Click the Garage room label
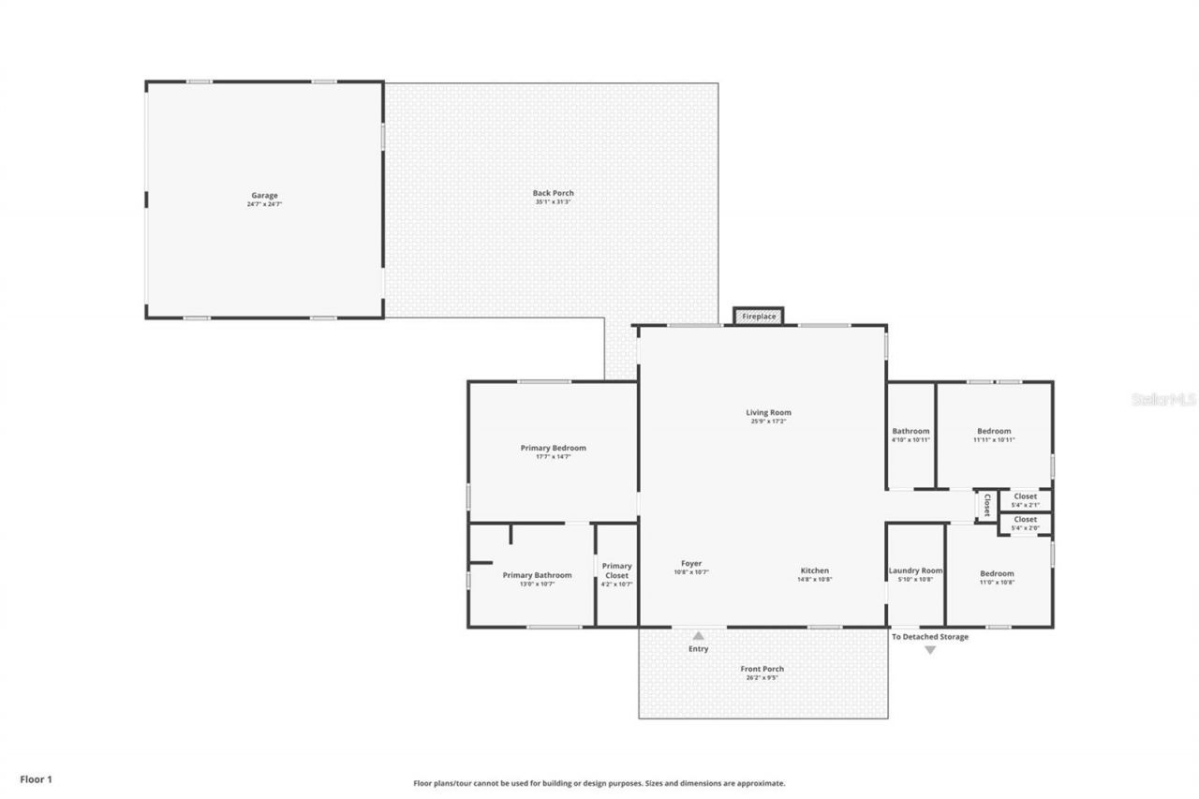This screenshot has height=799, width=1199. click(264, 197)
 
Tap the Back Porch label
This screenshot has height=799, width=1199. click(553, 194)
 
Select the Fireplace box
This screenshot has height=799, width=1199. click(759, 317)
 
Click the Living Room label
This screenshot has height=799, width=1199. click(768, 413)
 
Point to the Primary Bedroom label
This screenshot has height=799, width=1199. click(553, 449)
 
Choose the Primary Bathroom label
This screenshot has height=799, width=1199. click(537, 576)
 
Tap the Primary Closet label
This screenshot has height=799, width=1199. click(616, 570)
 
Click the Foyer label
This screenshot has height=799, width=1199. click(691, 564)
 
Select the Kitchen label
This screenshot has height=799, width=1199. click(814, 571)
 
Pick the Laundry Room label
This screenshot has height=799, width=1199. click(915, 571)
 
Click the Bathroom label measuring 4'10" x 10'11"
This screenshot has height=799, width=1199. click(910, 432)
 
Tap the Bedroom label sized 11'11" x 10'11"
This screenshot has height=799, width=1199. click(994, 432)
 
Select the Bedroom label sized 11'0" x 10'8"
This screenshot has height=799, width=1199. click(997, 574)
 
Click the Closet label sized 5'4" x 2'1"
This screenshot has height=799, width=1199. click(1025, 496)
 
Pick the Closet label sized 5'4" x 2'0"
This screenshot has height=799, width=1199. click(1025, 520)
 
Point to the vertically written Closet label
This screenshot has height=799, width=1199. click(986, 506)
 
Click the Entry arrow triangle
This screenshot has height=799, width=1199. click(698, 636)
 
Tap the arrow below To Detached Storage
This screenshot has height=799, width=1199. click(930, 650)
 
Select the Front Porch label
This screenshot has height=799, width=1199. click(762, 670)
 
